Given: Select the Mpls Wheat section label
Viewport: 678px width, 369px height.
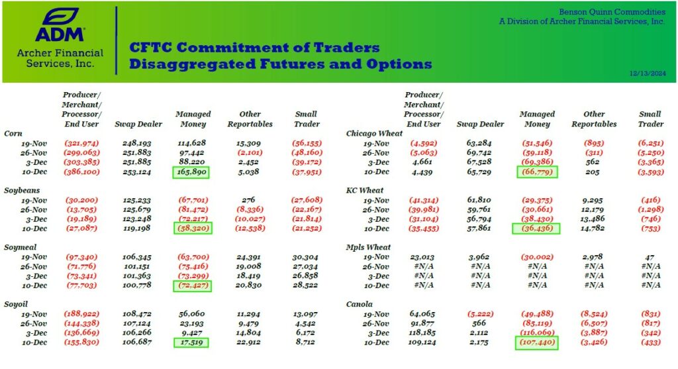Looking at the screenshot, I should [369, 247].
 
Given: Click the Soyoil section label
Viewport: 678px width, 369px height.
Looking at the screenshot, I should [17, 304].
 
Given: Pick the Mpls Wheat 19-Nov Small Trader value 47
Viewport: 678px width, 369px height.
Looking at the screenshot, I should [650, 257].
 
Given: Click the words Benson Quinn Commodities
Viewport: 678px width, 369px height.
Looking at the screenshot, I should [611, 12].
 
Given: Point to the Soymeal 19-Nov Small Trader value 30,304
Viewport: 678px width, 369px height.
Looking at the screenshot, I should [305, 257].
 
